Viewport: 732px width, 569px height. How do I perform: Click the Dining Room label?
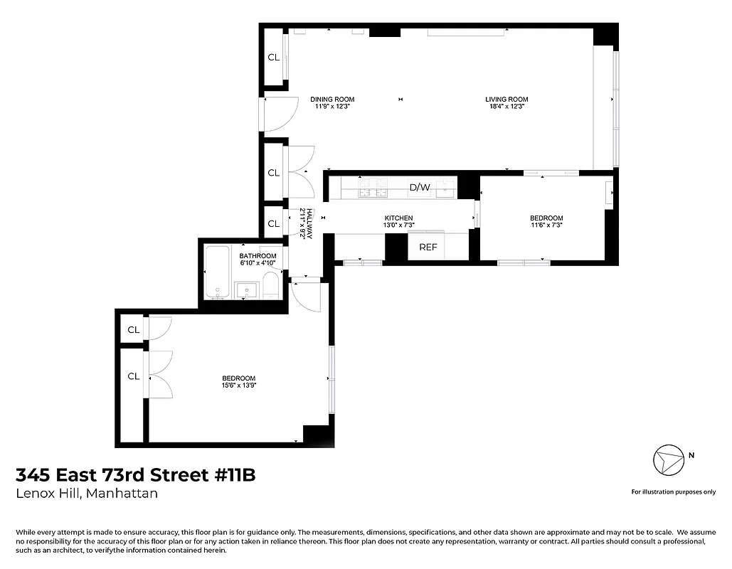click(x=332, y=100)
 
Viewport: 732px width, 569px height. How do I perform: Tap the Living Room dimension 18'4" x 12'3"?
click(x=506, y=107)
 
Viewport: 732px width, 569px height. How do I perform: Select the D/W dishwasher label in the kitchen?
click(x=419, y=188)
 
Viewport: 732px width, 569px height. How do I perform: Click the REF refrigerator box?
click(x=428, y=248)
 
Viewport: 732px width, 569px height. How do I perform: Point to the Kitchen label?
click(x=398, y=218)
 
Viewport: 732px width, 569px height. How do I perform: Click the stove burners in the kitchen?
click(x=373, y=188)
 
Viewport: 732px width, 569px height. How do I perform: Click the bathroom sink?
click(x=247, y=291)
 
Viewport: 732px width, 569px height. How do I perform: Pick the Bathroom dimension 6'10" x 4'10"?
click(x=258, y=264)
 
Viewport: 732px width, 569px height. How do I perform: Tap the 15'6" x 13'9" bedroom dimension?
click(x=238, y=385)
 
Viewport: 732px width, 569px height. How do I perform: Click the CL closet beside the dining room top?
click(x=273, y=58)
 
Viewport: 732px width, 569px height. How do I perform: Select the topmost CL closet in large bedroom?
click(x=133, y=329)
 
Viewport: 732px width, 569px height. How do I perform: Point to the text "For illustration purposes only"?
click(x=673, y=492)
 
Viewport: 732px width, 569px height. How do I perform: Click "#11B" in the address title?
click(x=234, y=474)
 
